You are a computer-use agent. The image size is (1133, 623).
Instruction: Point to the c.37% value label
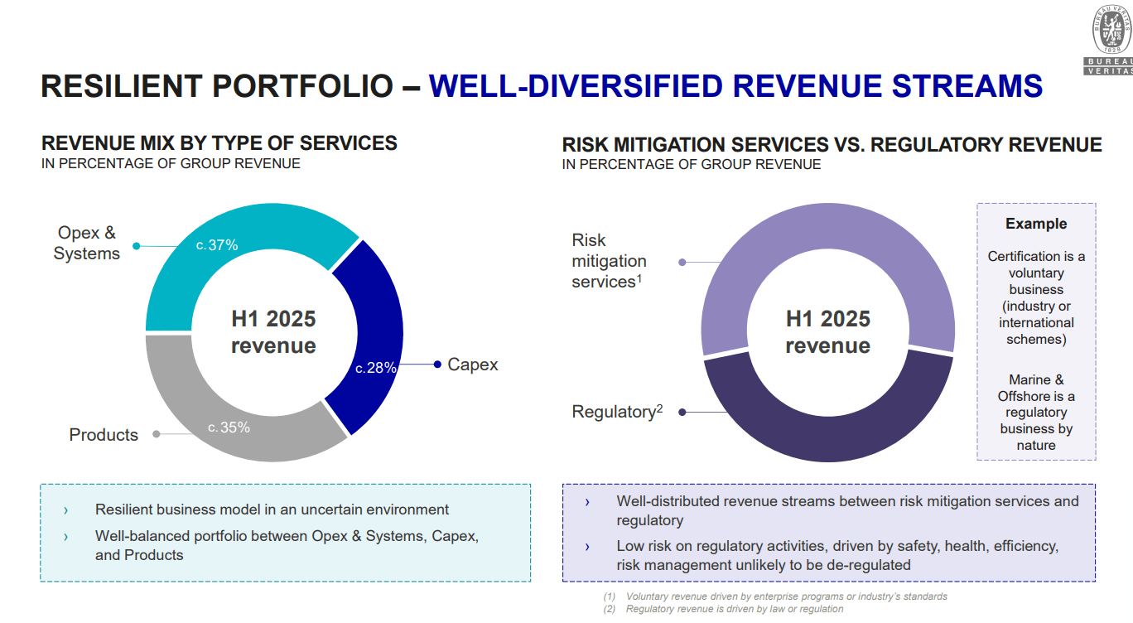coord(217,245)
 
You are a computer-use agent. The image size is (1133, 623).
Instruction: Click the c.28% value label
coord(376,368)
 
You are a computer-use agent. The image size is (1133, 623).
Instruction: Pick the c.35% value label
coord(229,427)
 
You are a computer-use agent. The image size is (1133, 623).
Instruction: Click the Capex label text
coord(472,365)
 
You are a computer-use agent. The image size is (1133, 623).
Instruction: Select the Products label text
coord(104,435)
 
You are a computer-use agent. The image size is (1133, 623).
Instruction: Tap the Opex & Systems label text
coord(87,244)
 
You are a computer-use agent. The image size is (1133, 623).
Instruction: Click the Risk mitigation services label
coord(609,261)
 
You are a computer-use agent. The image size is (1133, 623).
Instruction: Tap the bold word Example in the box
coord(1036,224)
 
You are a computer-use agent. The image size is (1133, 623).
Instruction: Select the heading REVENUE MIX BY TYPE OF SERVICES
coord(219,143)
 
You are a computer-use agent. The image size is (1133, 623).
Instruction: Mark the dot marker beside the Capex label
coord(437,365)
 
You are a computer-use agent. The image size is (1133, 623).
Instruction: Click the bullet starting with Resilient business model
coord(272,510)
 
